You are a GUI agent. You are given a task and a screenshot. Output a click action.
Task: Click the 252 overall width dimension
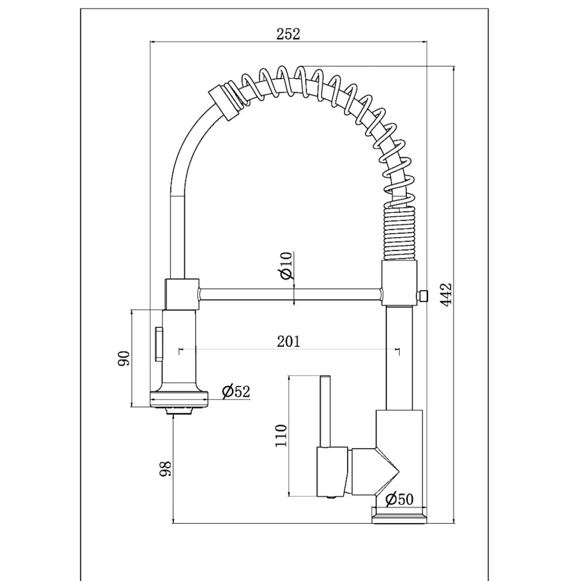tap(288, 34)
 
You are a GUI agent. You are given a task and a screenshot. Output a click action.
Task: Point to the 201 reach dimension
tap(289, 342)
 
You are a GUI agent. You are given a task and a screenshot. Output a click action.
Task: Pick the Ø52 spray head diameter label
tap(236, 392)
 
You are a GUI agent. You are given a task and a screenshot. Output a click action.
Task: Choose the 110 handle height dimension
tap(281, 436)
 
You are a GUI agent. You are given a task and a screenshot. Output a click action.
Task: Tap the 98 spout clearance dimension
tap(165, 469)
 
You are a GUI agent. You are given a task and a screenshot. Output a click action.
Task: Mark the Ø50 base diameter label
tap(399, 499)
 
